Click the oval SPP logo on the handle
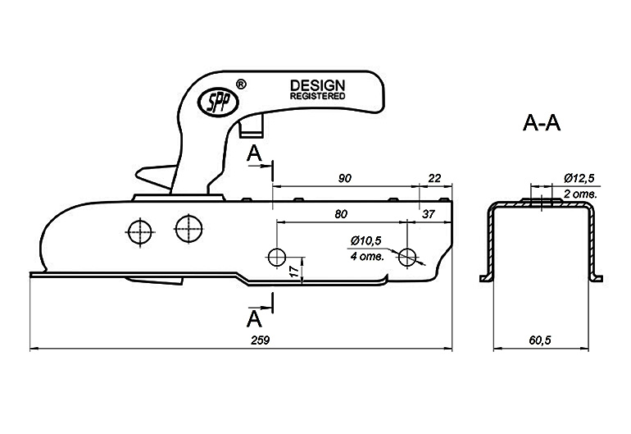pos(219,102)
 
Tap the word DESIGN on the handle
pos(317,85)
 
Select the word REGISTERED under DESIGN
pos(317,96)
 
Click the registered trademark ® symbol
pos(240,85)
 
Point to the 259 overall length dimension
pos(260,340)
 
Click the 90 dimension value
pos(344,178)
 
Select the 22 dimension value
pos(434,178)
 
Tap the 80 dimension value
pos(341,213)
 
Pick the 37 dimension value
pos(428,214)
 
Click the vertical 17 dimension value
pos(296,272)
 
